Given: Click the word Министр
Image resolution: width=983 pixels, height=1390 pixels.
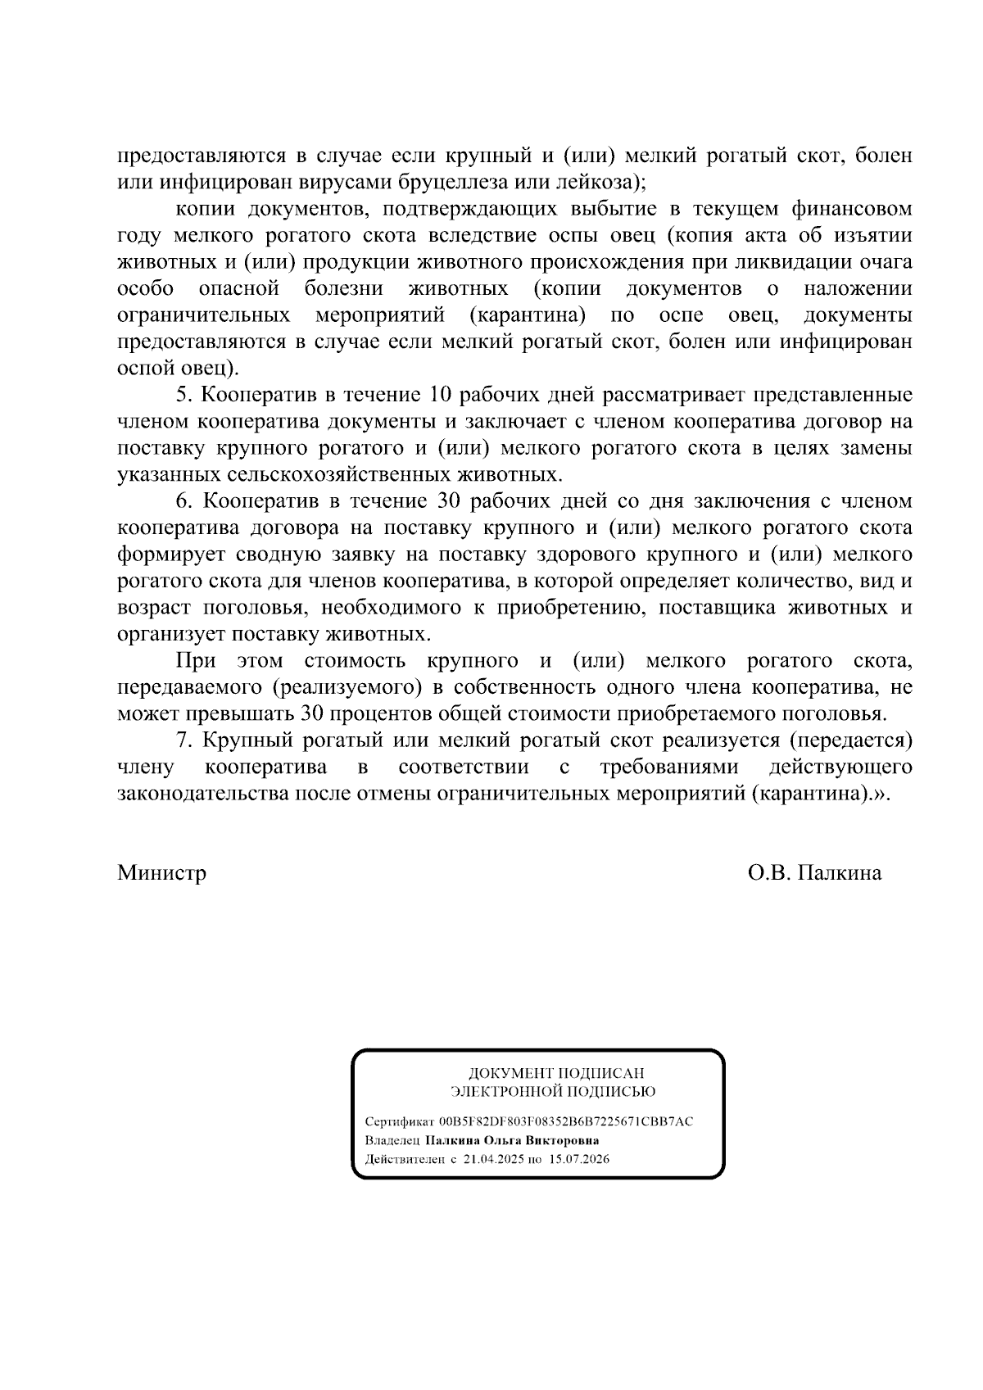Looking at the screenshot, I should pyautogui.click(x=161, y=873).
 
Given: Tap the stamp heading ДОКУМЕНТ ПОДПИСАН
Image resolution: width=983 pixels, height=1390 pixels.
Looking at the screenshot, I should pyautogui.click(x=555, y=1073).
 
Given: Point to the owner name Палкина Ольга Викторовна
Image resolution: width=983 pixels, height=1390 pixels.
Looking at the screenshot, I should pyautogui.click(x=512, y=1140).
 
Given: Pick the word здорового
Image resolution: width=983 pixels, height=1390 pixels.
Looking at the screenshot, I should pyautogui.click(x=594, y=555).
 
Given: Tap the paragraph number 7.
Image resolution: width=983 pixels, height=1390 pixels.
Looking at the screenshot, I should pyautogui.click(x=183, y=740).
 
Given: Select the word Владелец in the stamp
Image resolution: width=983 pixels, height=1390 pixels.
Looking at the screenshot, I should pyautogui.click(x=392, y=1140).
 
